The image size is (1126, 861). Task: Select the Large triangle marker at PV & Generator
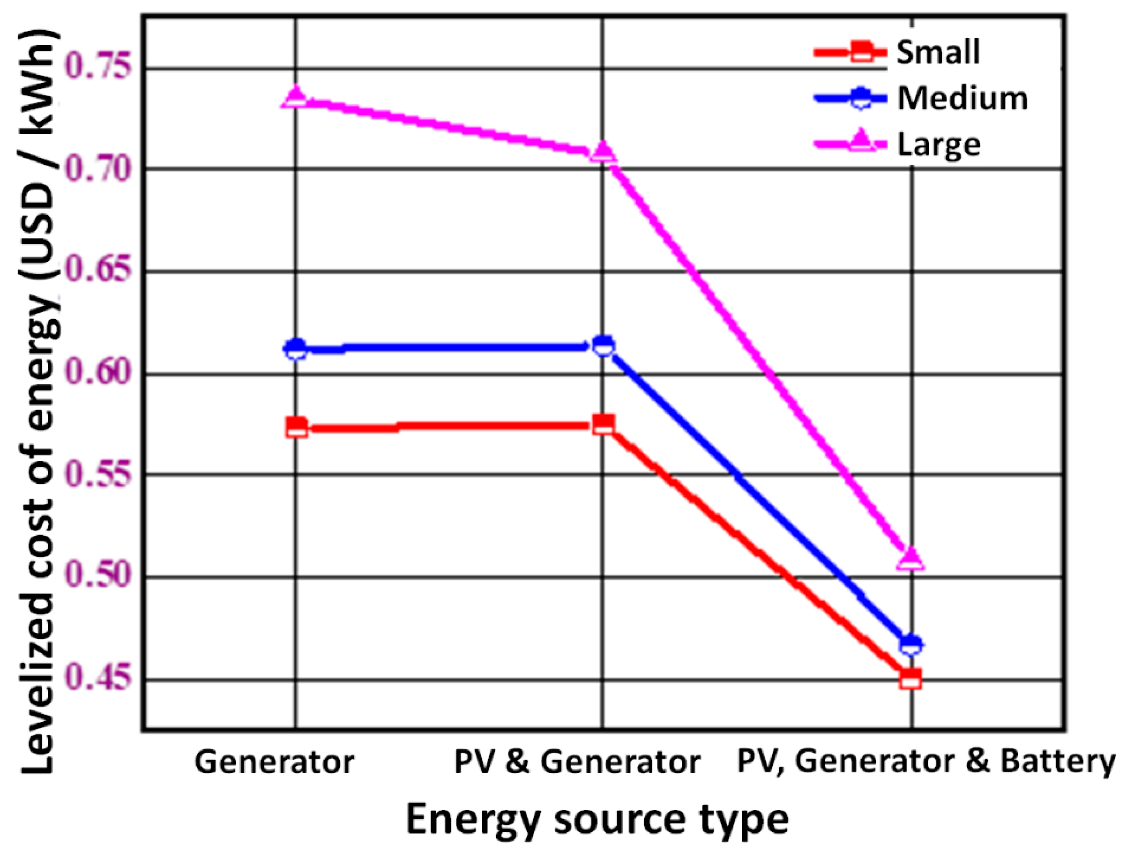click(x=603, y=152)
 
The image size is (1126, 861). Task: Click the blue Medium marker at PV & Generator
click(x=604, y=346)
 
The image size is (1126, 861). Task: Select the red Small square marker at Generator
click(x=297, y=427)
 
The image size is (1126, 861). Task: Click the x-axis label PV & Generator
click(x=577, y=762)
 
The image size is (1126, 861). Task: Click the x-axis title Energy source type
click(x=597, y=819)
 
